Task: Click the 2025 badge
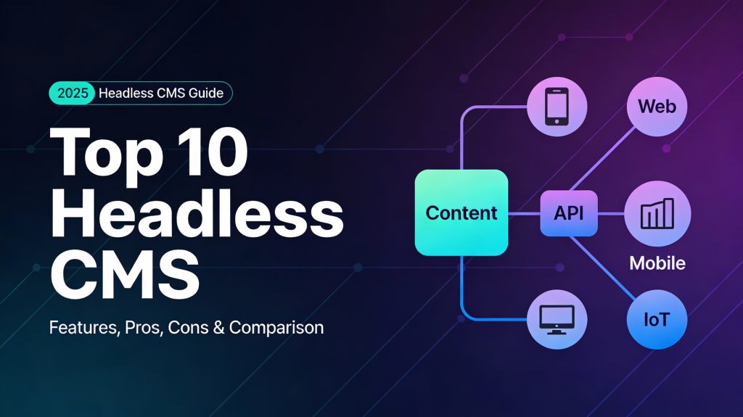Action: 73,93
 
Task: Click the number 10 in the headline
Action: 215,151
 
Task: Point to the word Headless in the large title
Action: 197,214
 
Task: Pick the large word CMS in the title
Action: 125,273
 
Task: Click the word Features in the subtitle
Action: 84,328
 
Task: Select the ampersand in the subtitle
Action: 218,328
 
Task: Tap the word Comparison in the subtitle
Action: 276,328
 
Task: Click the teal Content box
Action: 461,212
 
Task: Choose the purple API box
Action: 569,213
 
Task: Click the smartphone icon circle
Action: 557,107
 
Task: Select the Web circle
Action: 657,107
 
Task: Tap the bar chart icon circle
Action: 657,213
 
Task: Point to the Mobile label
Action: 657,263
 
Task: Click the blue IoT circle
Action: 657,319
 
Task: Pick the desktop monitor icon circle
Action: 557,319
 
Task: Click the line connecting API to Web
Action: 602,160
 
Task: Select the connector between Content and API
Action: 524,214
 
